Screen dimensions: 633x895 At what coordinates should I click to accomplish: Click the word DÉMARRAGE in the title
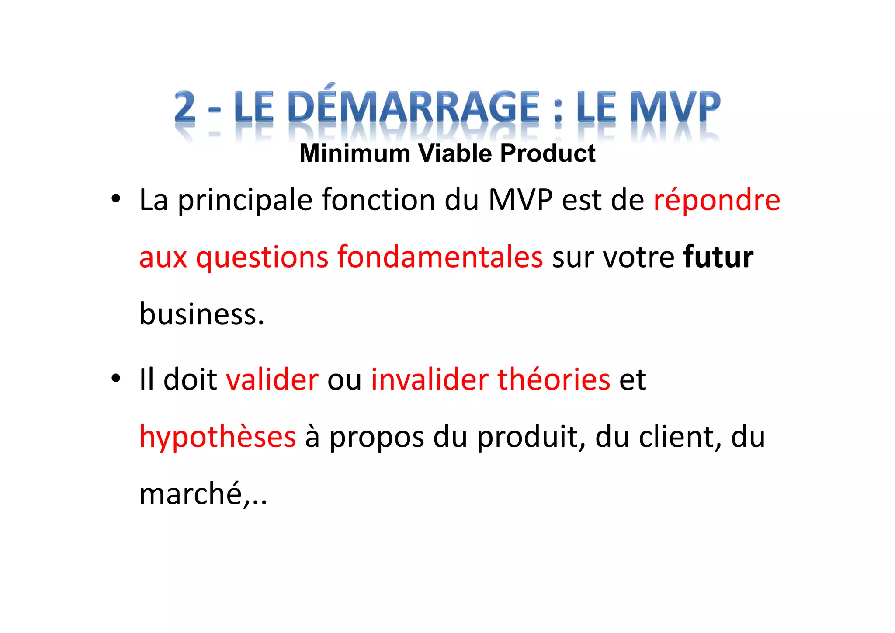413,107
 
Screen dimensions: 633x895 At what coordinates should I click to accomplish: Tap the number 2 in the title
185,107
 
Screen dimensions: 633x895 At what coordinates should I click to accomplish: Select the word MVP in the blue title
676,107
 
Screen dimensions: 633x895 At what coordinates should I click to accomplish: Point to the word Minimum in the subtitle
355,153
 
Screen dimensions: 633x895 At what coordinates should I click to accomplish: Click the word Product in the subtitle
548,153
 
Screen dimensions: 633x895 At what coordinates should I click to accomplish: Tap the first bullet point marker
115,199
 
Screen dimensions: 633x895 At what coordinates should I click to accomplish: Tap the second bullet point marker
115,378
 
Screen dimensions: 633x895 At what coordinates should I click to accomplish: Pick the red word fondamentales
440,257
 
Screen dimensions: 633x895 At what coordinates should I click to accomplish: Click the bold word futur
718,257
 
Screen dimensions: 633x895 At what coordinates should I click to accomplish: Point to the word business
201,314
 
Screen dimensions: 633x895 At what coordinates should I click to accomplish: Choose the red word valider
272,379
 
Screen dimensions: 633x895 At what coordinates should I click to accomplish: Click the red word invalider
429,379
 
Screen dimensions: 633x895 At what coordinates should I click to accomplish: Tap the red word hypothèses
218,438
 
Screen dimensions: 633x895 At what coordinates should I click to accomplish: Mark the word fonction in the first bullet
378,200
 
